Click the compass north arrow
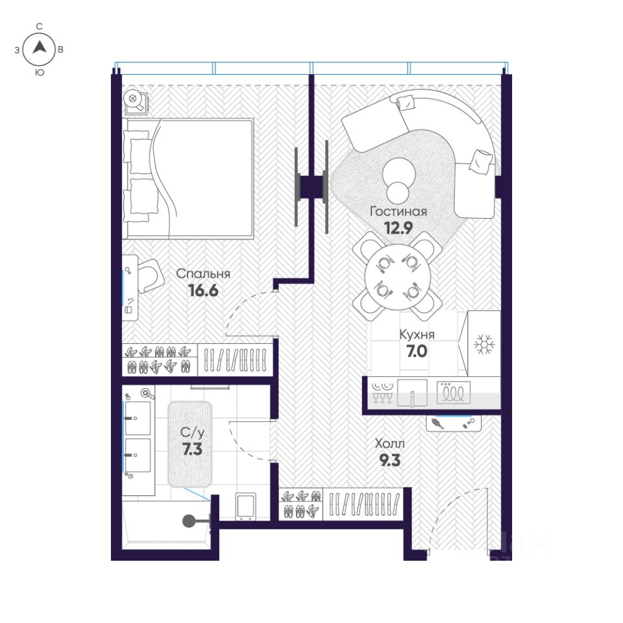tap(40, 47)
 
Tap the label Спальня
tap(203, 274)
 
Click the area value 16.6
tap(203, 291)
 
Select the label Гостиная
tap(398, 212)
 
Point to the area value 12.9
tap(398, 228)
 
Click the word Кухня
tap(417, 335)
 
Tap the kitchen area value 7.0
tap(417, 351)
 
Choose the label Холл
tap(389, 443)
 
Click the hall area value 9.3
tap(390, 461)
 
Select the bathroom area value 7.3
tap(192, 449)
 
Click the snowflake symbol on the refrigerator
tap(484, 344)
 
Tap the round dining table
tap(397, 277)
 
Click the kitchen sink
tap(413, 393)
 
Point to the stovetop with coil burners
tap(454, 393)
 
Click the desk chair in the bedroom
tap(150, 276)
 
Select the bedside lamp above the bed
tap(134, 100)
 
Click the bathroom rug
tap(190, 444)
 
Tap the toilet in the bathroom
tap(246, 506)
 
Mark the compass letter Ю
tap(40, 72)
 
